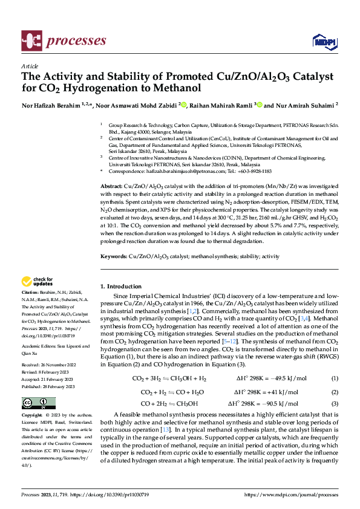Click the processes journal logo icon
pyautogui.click(x=31, y=41)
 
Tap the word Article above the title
pyautogui.click(x=29, y=66)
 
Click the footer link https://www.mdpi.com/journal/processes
pyautogui.click(x=292, y=494)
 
